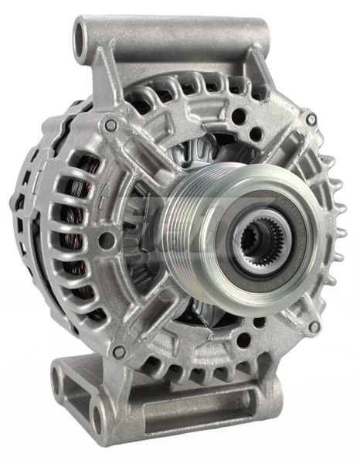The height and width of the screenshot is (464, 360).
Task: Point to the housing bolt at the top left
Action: coord(111,124)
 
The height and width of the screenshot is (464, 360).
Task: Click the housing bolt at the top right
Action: coord(311,120)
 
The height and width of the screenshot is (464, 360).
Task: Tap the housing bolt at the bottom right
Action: coord(313,327)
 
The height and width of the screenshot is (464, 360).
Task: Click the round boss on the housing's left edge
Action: coord(106,241)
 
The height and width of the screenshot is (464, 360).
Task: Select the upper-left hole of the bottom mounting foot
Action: coord(59,377)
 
